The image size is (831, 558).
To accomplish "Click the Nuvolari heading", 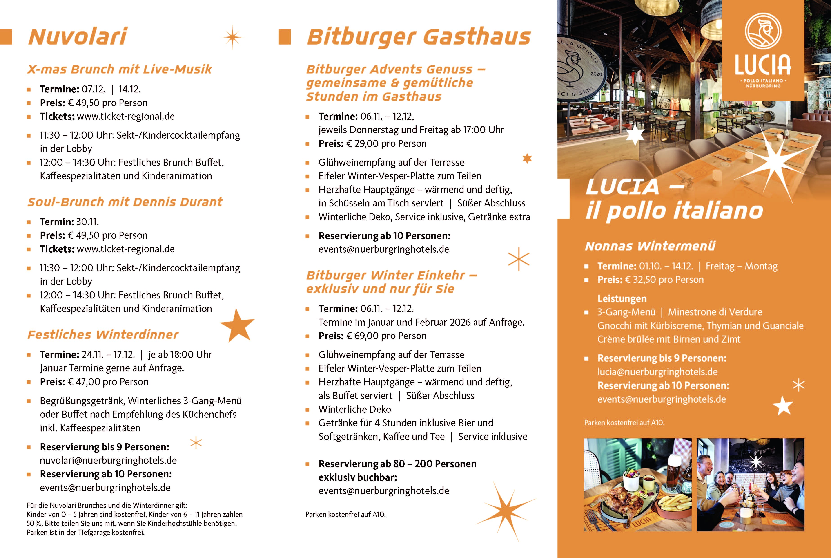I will pos(78,37).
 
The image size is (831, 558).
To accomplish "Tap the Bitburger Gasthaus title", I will pos(419,37).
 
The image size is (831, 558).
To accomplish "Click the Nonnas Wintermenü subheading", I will pos(650,246).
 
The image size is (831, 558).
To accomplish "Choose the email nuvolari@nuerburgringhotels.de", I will pos(108,460).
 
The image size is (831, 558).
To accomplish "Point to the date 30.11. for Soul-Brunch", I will pos(87,222).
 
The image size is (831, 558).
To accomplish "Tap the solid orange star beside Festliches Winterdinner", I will pos(238,325).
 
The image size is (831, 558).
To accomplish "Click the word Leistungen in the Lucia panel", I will pos(622,299).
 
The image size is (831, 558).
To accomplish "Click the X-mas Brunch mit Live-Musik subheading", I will pos(120,69).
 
